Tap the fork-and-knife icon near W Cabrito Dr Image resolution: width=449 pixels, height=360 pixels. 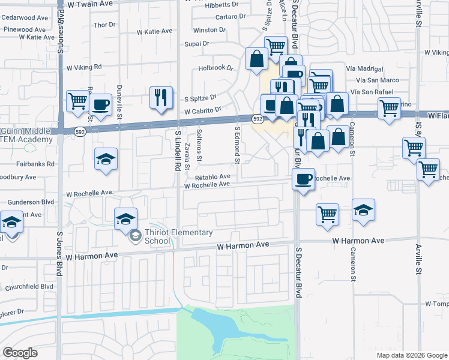160,97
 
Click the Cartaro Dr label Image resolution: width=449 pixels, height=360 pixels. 224,17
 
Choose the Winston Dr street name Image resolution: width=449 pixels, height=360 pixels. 209,29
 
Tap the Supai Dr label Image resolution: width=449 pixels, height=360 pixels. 196,44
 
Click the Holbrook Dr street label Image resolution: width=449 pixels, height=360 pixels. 215,68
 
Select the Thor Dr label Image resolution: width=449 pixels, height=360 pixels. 104,25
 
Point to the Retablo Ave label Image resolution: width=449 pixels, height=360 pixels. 212,177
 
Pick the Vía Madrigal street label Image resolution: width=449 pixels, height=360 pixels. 378,68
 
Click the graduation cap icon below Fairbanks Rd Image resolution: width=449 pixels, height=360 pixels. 106,160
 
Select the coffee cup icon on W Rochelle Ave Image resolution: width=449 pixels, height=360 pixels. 303,178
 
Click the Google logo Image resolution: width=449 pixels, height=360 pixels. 20,352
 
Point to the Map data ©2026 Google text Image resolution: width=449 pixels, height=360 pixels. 412,355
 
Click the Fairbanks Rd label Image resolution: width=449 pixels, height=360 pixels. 34,163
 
